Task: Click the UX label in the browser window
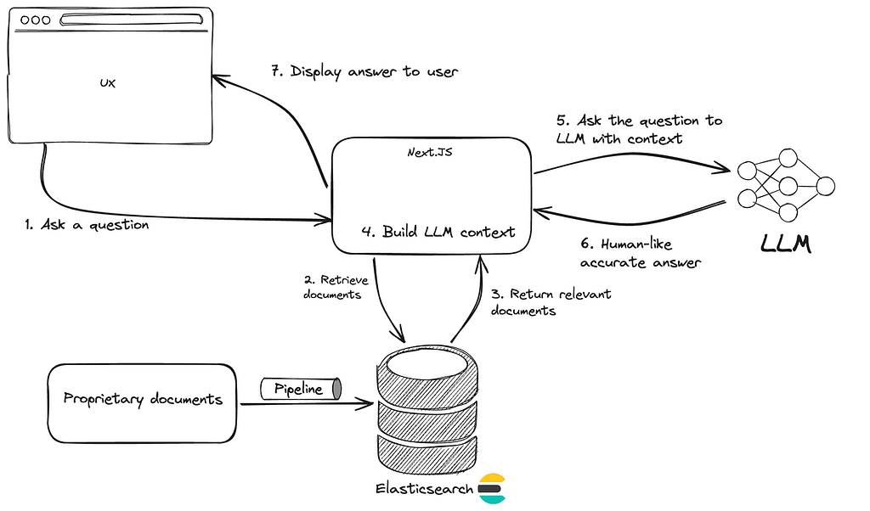108,83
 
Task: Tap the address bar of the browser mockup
131,20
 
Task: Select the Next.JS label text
429,153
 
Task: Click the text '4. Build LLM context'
438,232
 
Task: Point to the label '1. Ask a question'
87,224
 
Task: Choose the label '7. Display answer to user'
364,72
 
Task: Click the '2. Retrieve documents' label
336,287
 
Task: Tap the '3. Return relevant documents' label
551,302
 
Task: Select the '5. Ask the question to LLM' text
639,129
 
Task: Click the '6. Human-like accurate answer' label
641,253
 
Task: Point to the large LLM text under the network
786,244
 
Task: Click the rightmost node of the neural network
825,186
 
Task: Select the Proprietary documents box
142,403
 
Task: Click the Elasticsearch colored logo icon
492,488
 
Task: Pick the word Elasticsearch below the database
425,489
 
